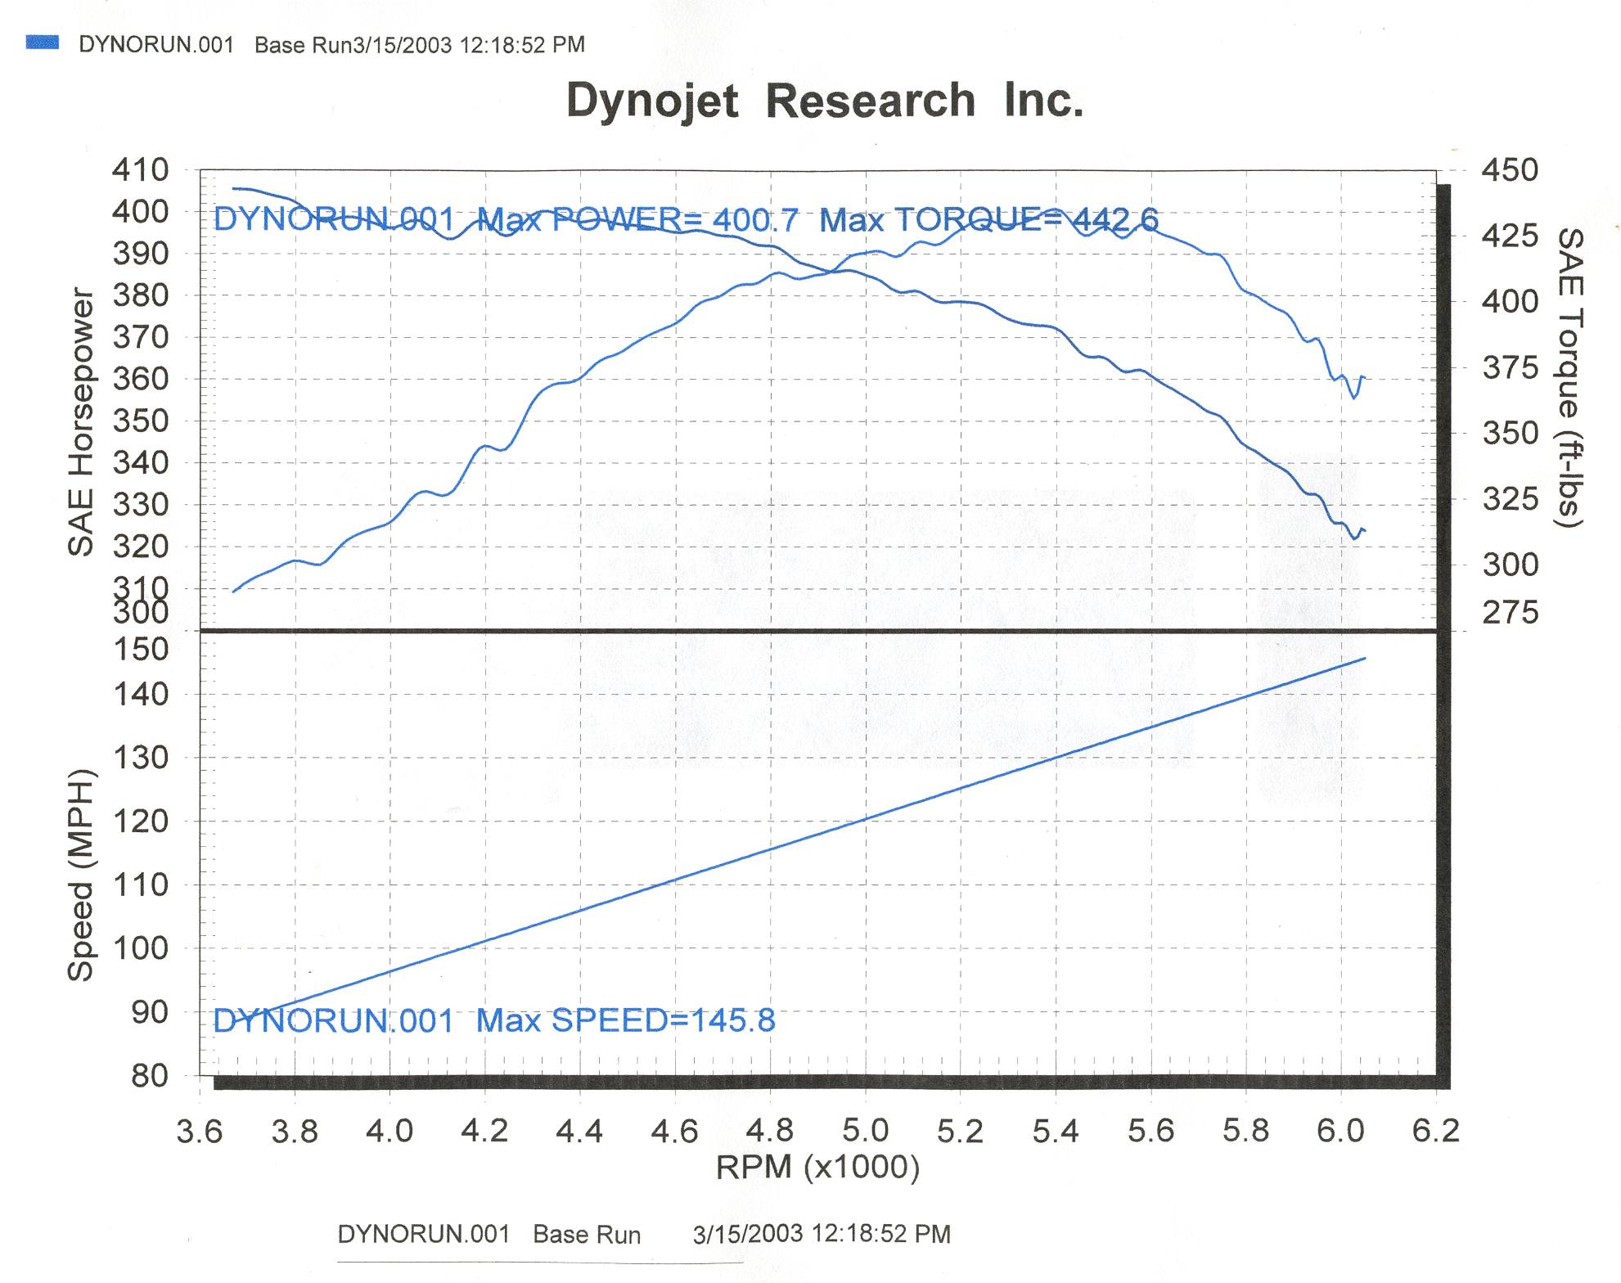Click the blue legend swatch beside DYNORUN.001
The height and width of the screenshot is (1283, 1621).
click(42, 43)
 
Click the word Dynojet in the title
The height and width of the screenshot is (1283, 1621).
click(652, 101)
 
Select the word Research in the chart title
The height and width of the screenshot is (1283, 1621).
click(870, 101)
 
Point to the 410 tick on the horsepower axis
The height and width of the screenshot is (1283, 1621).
click(140, 170)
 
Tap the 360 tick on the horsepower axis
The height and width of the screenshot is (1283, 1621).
click(140, 379)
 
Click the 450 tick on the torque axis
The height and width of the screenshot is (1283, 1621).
click(1511, 170)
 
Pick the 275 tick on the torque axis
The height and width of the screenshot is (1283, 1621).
click(1511, 612)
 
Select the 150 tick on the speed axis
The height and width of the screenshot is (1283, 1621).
click(140, 650)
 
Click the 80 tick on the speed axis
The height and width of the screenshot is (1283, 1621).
click(150, 1076)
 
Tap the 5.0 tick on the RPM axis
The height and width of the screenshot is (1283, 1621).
click(865, 1131)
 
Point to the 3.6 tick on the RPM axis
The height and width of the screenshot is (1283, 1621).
click(200, 1131)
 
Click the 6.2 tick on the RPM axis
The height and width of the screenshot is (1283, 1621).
click(1436, 1131)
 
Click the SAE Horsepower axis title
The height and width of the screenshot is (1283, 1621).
click(81, 422)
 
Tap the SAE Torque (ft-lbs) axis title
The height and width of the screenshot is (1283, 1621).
click(1569, 377)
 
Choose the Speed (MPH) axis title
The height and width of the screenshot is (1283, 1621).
click(81, 876)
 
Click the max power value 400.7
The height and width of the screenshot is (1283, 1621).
click(755, 220)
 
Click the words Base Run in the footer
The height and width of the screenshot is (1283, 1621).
click(587, 1235)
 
